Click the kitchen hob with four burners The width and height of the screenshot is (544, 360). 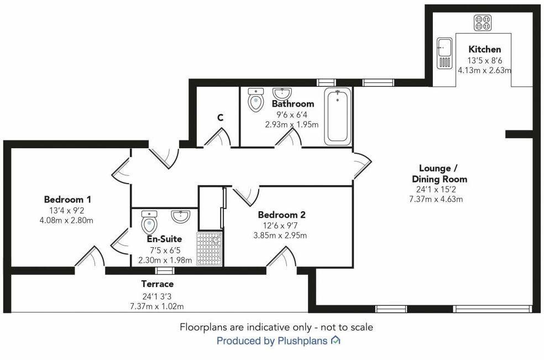pos(482,23)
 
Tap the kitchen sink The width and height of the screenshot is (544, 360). pos(444,53)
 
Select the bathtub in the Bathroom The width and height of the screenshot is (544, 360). pos(337,116)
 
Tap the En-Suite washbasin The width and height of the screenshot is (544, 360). pos(181,216)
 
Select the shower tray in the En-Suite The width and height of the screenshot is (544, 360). pos(210,248)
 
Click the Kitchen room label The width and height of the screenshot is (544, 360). pos(485,50)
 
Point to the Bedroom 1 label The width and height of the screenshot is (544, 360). pos(67,200)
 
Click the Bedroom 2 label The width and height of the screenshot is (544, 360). pos(282,215)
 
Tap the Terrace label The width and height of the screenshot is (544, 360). pos(157,284)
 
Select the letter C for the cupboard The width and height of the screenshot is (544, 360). pos(220,118)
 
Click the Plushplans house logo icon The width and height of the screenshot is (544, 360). pos(336,341)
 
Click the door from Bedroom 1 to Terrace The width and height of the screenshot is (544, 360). pos(90,259)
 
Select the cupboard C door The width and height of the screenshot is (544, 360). pos(217,138)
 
